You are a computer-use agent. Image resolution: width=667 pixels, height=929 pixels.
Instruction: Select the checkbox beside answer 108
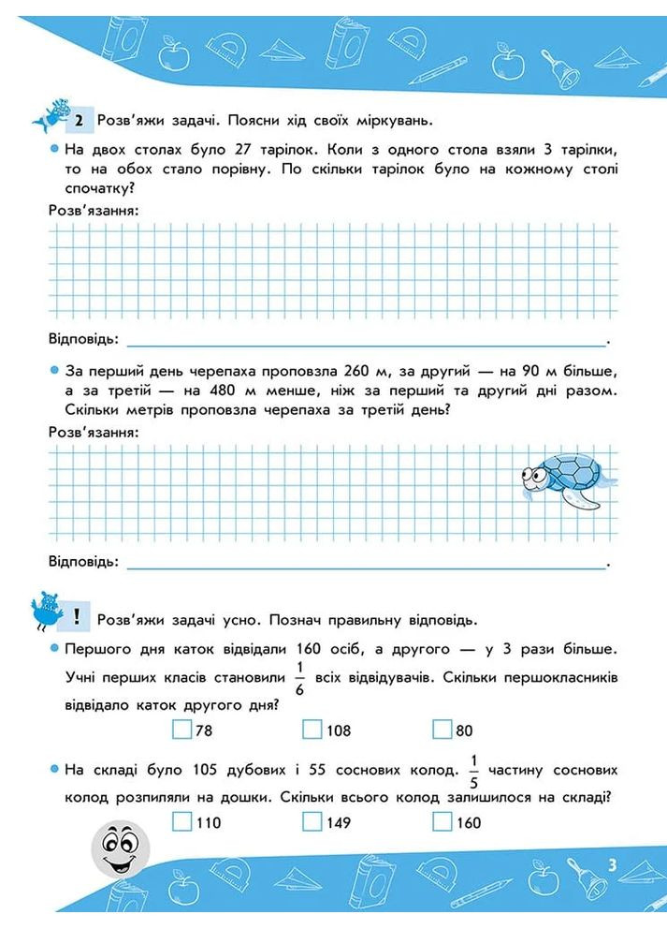pos(312,730)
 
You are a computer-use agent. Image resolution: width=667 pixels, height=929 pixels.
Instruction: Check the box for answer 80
pos(442,730)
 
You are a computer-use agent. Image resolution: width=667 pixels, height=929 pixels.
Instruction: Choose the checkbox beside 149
pos(312,822)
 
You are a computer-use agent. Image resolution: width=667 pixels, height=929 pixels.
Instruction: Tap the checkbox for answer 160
pos(442,822)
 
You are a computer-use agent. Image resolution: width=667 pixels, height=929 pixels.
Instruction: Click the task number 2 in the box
pos(79,120)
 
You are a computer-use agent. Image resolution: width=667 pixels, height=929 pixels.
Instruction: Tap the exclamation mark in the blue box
pos(76,618)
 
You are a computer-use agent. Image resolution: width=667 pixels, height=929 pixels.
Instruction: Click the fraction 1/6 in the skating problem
pos(299,676)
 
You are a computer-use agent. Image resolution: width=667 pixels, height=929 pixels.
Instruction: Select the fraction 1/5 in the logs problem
pos(473,770)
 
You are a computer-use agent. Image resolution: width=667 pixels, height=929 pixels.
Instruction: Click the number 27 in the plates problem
pos(243,151)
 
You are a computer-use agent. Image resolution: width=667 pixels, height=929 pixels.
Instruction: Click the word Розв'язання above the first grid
pos(94,211)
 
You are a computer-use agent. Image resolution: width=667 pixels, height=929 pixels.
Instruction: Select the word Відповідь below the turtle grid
pos(83,562)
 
